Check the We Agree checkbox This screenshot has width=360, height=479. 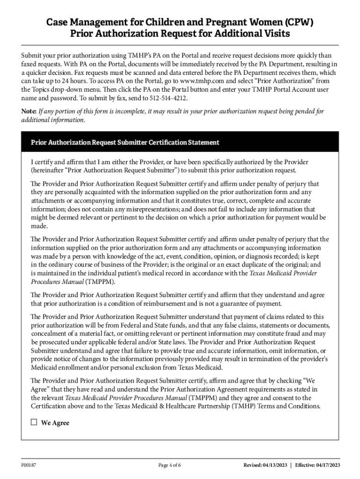[34, 422]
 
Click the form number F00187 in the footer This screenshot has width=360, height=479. [29, 464]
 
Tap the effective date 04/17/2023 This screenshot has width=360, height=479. [328, 464]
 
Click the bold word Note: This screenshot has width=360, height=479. [29, 111]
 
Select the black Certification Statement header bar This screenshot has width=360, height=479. [180, 142]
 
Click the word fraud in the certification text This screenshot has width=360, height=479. [300, 334]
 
